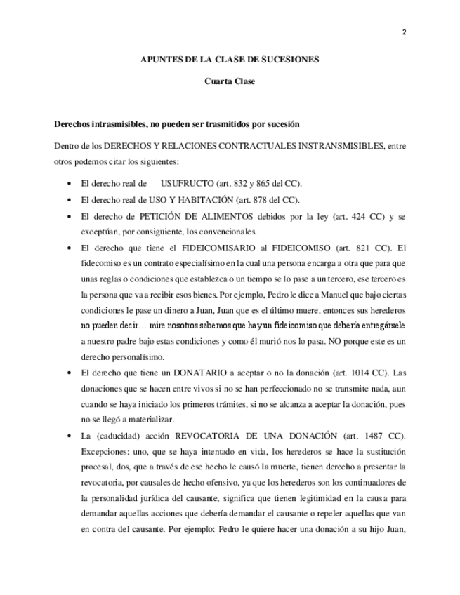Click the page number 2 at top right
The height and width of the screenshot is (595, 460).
(x=405, y=32)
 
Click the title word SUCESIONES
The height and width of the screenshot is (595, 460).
(x=290, y=60)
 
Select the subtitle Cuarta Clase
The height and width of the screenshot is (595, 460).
(x=230, y=81)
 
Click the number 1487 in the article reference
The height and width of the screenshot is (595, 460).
(x=362, y=436)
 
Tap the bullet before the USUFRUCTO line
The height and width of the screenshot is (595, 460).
(x=68, y=184)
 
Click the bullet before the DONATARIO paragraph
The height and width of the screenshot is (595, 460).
(x=68, y=373)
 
